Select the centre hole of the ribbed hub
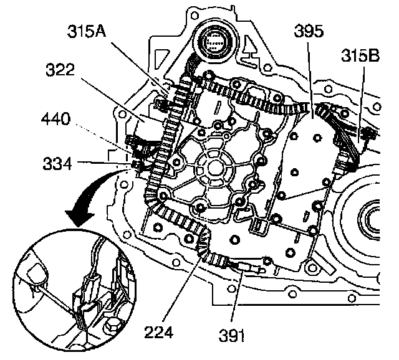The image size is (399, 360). [211, 167]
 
